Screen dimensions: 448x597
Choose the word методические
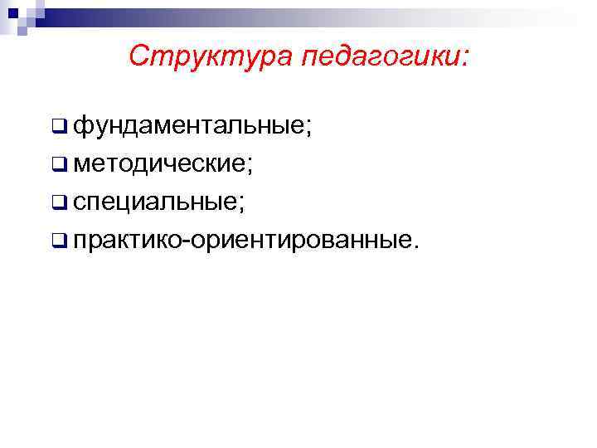tap(158, 164)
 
